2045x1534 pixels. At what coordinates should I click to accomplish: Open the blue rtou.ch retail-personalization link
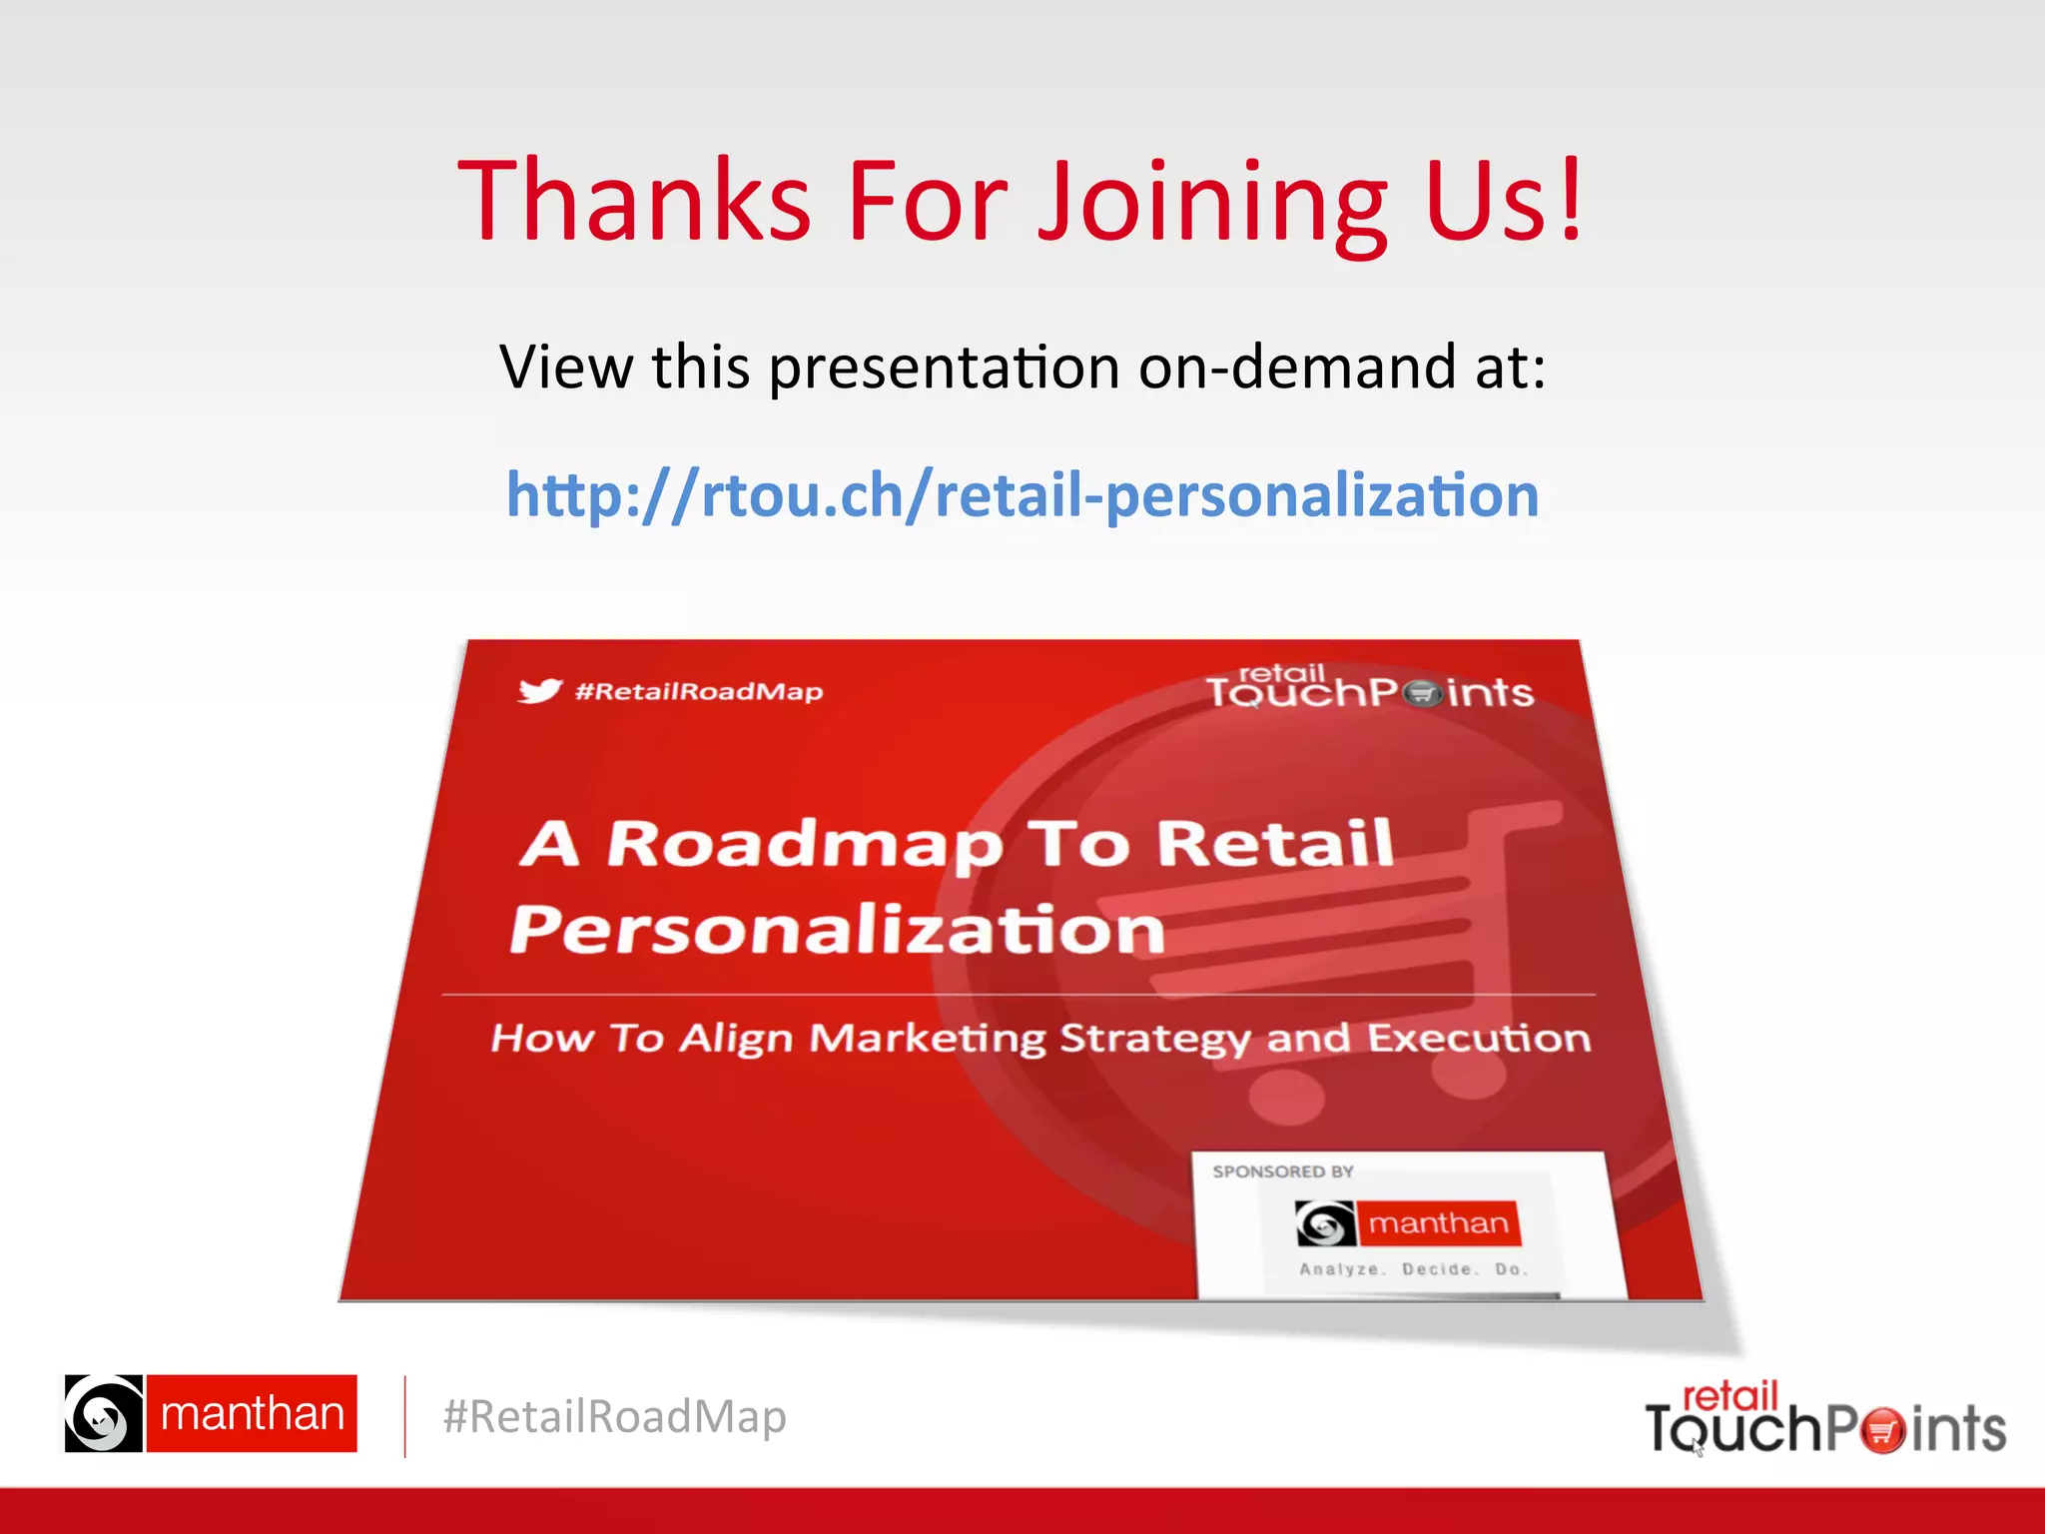(1022, 494)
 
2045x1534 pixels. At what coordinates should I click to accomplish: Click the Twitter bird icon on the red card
(540, 690)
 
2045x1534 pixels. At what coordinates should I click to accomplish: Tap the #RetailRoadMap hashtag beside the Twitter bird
(699, 691)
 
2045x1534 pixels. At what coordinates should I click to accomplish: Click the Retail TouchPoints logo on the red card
(1369, 687)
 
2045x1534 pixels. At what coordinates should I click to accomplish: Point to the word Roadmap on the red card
(805, 845)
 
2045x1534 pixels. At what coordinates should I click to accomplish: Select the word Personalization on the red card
(837, 930)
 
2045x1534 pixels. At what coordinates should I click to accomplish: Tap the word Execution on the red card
(1479, 1039)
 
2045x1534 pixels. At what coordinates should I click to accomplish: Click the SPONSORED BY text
(1283, 1171)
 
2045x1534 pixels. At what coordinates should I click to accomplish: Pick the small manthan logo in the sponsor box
(1408, 1223)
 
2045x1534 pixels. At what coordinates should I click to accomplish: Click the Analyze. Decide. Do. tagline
(1413, 1269)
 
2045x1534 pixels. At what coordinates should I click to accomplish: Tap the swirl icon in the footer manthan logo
(104, 1413)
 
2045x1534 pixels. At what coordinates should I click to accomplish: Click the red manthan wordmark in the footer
(252, 1413)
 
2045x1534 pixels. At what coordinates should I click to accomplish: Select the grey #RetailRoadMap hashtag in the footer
(614, 1416)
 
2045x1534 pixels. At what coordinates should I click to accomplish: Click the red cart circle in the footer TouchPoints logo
(1882, 1430)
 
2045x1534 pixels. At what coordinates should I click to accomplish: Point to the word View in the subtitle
(565, 367)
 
